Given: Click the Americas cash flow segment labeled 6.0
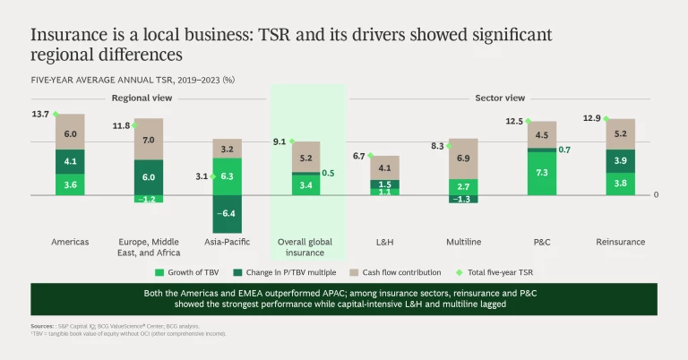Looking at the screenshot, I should tap(70, 133).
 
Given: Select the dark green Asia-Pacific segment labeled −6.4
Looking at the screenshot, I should tap(227, 214).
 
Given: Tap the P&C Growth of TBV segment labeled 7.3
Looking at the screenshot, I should tap(542, 172).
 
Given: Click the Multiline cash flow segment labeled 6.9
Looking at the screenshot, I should tap(463, 158).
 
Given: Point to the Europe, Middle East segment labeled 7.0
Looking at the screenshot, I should tap(149, 140).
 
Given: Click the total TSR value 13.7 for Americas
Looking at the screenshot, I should tap(40, 115).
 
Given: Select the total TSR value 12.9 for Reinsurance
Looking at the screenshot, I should tap(591, 119).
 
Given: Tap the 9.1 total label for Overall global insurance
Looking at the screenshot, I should tap(279, 141).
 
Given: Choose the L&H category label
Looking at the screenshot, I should tap(384, 242).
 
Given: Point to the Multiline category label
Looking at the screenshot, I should tap(463, 242).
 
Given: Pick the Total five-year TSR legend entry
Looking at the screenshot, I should tap(498, 270).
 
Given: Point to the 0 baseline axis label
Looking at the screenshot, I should tap(656, 194).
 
